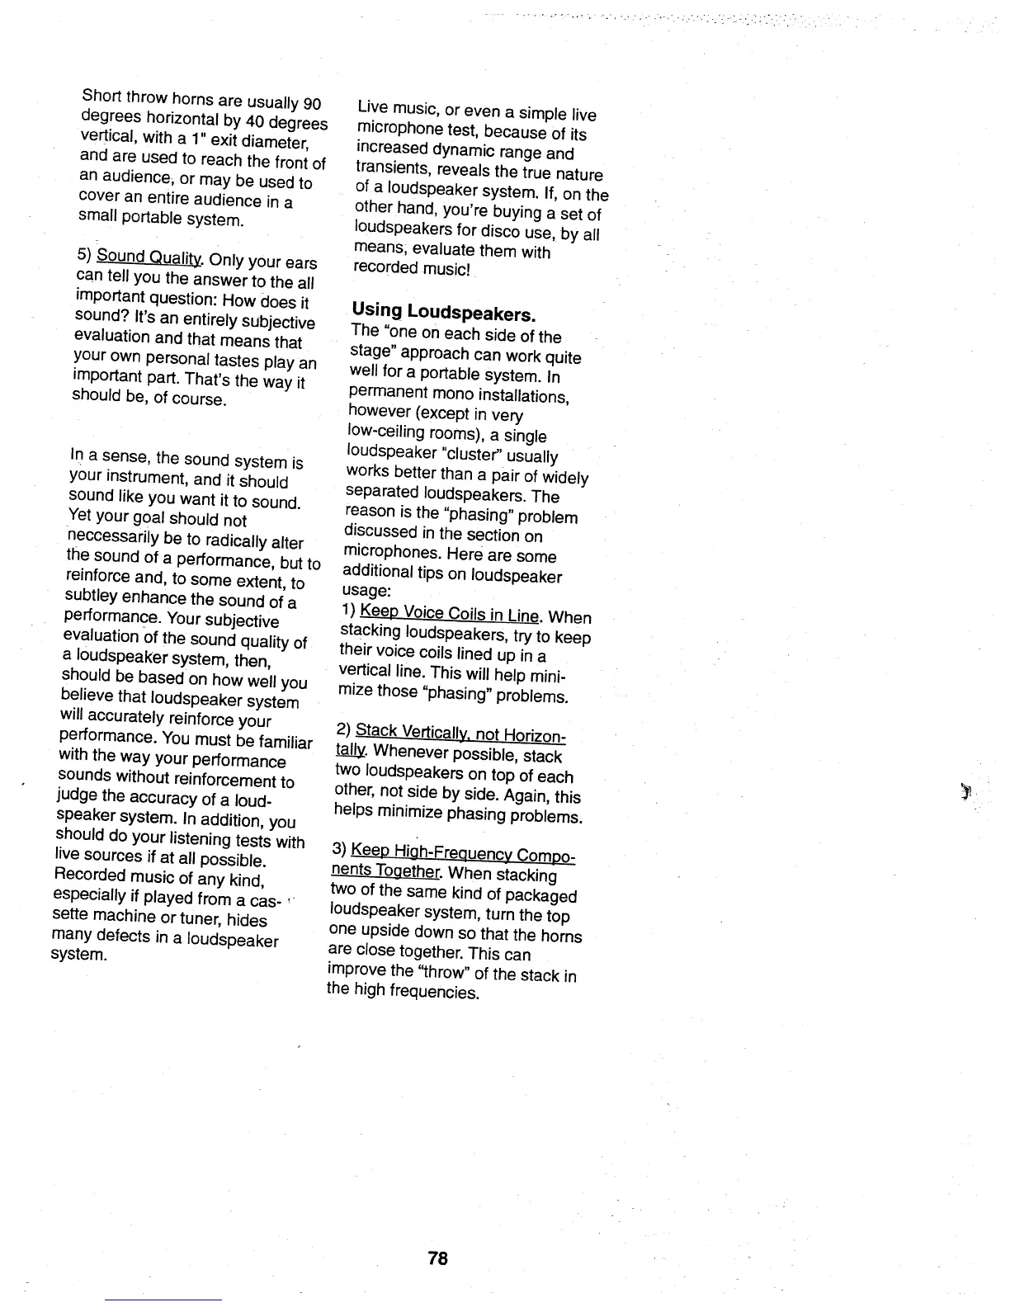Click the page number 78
437,1258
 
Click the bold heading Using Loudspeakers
444,313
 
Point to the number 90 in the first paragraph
311,105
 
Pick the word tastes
237,360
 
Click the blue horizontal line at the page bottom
163,1300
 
